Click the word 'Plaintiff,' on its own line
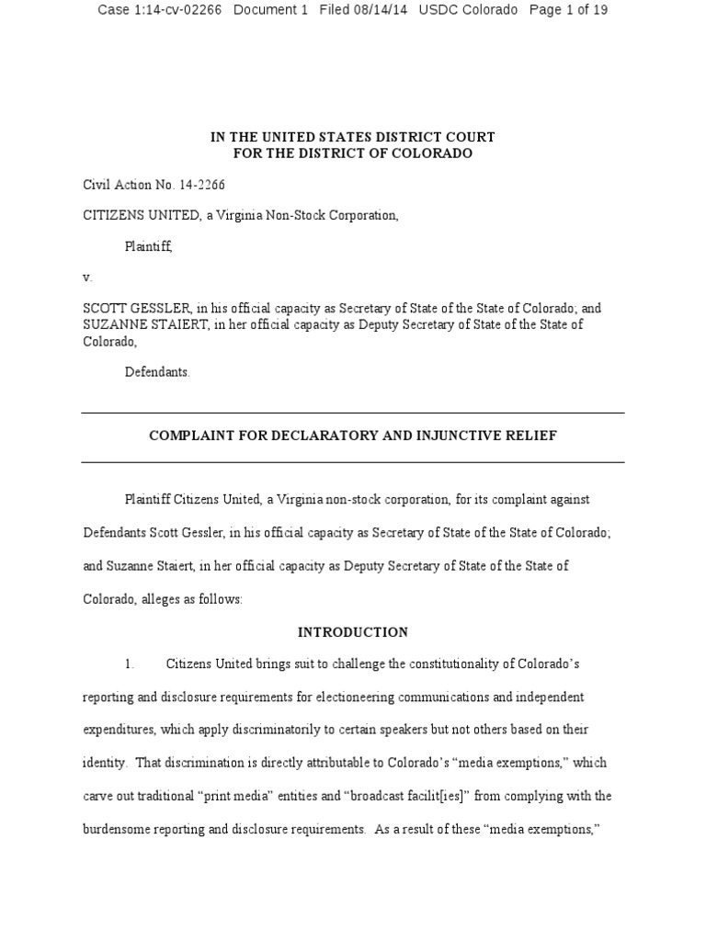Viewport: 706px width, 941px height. (x=148, y=246)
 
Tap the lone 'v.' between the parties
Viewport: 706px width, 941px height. (x=87, y=277)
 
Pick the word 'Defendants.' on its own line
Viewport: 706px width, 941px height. (x=157, y=372)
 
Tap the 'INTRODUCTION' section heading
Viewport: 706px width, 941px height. (x=353, y=632)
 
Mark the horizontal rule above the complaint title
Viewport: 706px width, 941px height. (x=353, y=413)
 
